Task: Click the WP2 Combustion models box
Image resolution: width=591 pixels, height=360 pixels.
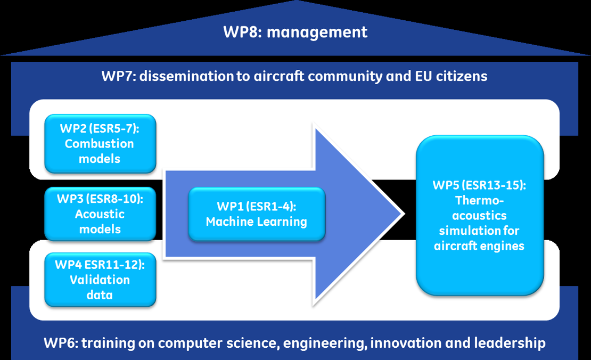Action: click(x=100, y=144)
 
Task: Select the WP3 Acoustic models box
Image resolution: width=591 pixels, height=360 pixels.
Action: click(x=100, y=214)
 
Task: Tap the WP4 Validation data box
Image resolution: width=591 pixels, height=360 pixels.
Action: click(x=100, y=280)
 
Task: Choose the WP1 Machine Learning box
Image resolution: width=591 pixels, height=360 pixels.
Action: click(x=257, y=214)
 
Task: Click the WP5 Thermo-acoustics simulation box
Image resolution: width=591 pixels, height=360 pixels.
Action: click(x=480, y=215)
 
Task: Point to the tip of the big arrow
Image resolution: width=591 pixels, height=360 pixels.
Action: click(x=405, y=214)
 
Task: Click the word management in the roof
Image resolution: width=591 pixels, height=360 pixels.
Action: click(x=317, y=32)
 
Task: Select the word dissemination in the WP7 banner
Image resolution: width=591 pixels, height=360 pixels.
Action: click(x=186, y=76)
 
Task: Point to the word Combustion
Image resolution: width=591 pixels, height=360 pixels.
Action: click(x=100, y=144)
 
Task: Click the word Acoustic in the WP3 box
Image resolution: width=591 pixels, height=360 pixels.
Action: click(x=100, y=214)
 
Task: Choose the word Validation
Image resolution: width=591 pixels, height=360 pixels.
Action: click(x=100, y=280)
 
